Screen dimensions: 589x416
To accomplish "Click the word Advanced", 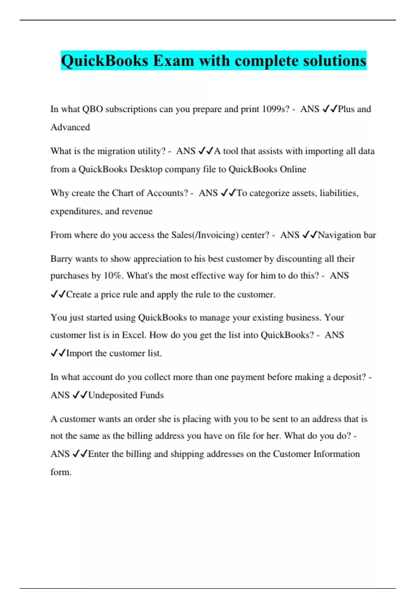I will pyautogui.click(x=70, y=128).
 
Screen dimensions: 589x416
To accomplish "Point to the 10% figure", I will pyautogui.click(x=113, y=276).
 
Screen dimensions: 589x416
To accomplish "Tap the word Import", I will pyautogui.click(x=79, y=353).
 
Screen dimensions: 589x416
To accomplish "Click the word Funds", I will pyautogui.click(x=152, y=395).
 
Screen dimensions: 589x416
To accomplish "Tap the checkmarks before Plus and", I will pyautogui.click(x=329, y=109).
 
